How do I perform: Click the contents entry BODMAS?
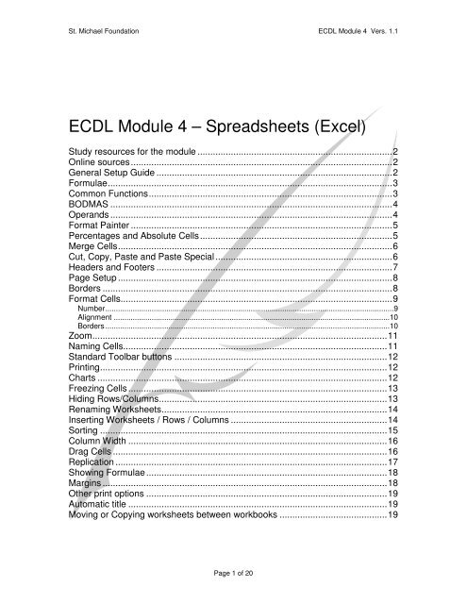83,204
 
